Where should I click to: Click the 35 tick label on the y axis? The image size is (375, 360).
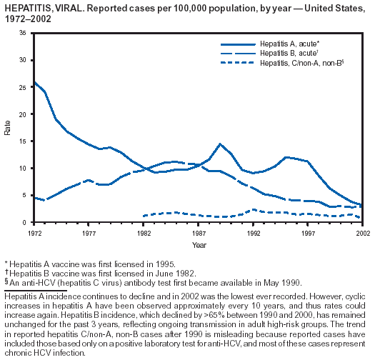tap(23, 33)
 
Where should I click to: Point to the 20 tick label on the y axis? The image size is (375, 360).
tap(23, 114)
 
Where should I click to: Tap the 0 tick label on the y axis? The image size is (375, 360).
tap(24, 223)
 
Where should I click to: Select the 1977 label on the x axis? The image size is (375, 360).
tap(89, 234)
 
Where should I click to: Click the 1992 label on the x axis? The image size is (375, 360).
tap(254, 234)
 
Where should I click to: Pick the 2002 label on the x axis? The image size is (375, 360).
tap(363, 234)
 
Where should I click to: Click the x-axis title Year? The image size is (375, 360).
tap(199, 245)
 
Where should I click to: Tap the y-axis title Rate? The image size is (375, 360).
tap(7, 128)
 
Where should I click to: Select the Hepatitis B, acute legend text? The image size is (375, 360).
tap(289, 53)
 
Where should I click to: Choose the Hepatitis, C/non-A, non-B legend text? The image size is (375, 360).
tap(302, 63)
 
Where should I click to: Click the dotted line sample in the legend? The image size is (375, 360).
tap(237, 63)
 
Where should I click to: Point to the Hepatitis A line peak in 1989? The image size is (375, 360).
tap(220, 144)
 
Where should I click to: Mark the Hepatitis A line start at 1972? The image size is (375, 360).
tap(35, 82)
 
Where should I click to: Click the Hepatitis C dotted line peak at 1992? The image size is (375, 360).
tap(254, 210)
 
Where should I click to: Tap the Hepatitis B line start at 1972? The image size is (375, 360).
tap(35, 198)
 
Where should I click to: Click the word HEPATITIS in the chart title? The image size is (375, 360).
tap(28, 9)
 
